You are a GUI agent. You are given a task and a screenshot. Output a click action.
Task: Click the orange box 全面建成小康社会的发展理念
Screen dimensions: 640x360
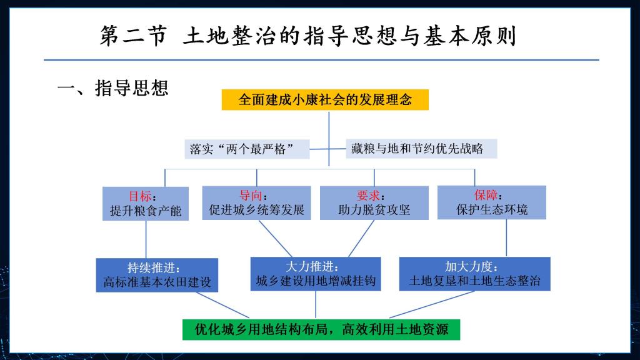[325, 99]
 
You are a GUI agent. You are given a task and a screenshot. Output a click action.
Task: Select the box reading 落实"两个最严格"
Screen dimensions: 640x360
[247, 149]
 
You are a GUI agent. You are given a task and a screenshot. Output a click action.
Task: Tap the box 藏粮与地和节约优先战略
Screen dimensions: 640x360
[421, 149]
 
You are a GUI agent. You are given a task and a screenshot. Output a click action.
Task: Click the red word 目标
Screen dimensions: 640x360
[140, 196]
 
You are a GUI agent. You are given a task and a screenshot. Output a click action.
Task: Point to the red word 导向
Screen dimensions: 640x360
[251, 196]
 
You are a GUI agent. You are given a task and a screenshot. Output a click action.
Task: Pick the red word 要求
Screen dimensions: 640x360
[368, 196]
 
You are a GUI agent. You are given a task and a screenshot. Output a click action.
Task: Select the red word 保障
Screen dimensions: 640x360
[486, 195]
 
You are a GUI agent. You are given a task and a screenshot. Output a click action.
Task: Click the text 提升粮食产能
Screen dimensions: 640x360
[145, 211]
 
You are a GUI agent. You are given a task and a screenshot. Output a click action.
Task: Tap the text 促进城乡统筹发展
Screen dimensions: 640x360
[257, 210]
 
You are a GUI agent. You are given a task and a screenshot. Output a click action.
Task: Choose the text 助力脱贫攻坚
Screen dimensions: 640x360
[374, 210]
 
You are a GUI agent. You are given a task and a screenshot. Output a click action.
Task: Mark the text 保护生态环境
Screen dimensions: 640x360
[492, 209]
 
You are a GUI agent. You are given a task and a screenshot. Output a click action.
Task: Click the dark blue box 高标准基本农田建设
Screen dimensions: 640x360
[157, 275]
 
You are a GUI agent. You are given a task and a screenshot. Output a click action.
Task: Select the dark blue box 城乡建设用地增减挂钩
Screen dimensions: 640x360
[316, 274]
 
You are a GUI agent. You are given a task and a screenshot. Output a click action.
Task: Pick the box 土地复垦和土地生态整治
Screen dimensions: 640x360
[475, 274]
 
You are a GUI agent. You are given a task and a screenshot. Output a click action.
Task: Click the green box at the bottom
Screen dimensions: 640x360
[321, 330]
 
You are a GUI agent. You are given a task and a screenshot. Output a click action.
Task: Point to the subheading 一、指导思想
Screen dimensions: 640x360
[113, 88]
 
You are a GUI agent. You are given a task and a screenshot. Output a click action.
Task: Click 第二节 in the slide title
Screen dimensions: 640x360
[134, 36]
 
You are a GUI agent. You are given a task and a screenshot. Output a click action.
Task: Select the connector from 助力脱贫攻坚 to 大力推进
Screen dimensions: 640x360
[361, 239]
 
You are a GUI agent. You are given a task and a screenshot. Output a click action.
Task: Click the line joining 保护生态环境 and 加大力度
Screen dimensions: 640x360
[506, 238]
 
